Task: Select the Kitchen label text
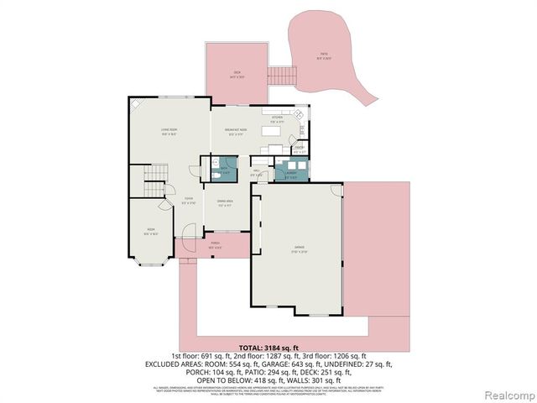pyautogui.click(x=276, y=118)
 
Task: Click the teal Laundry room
pyautogui.click(x=292, y=173)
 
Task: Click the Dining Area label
pyautogui.click(x=225, y=202)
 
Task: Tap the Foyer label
pyautogui.click(x=190, y=201)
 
